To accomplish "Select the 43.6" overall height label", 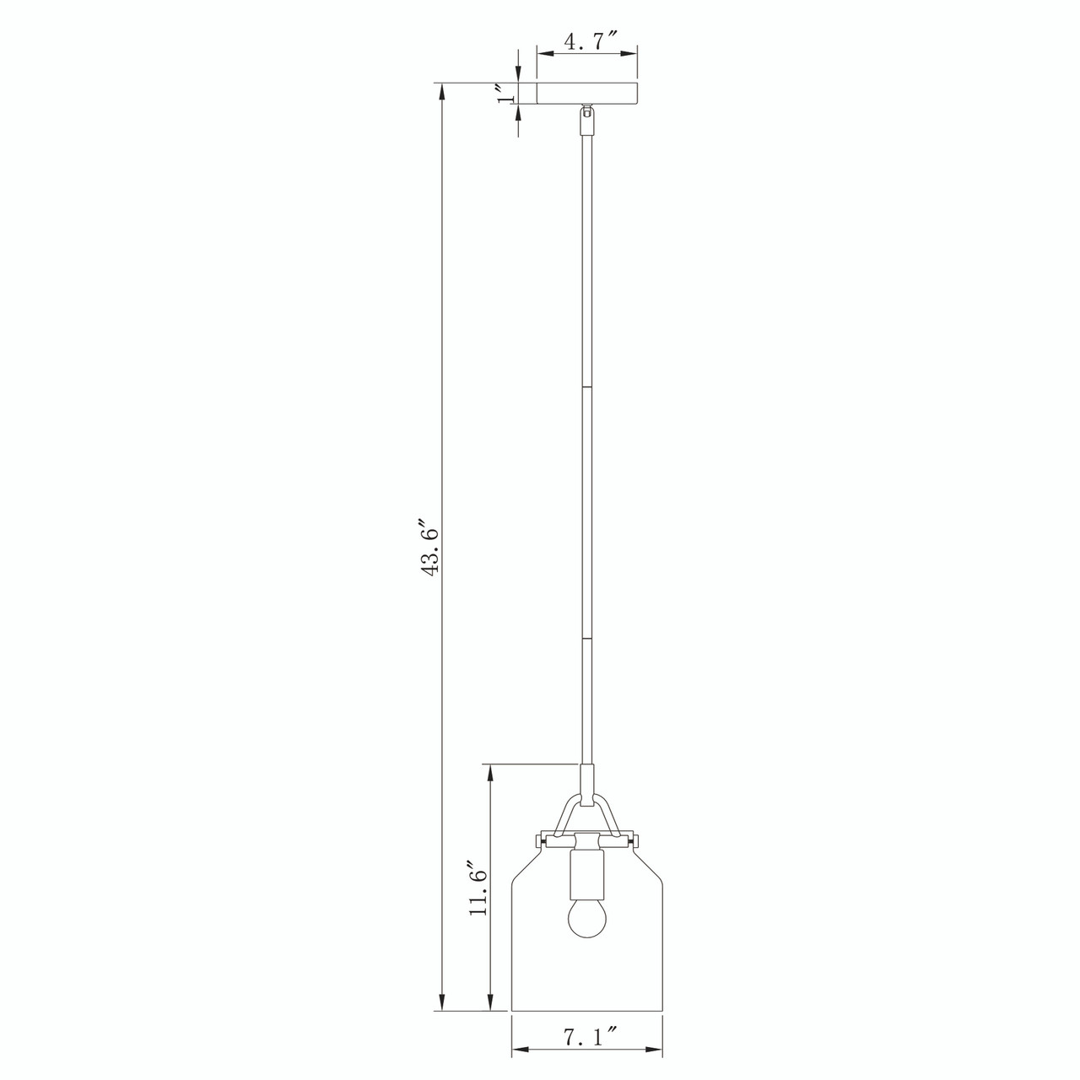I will pos(429,549).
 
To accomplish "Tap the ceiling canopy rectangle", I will pos(587,94).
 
